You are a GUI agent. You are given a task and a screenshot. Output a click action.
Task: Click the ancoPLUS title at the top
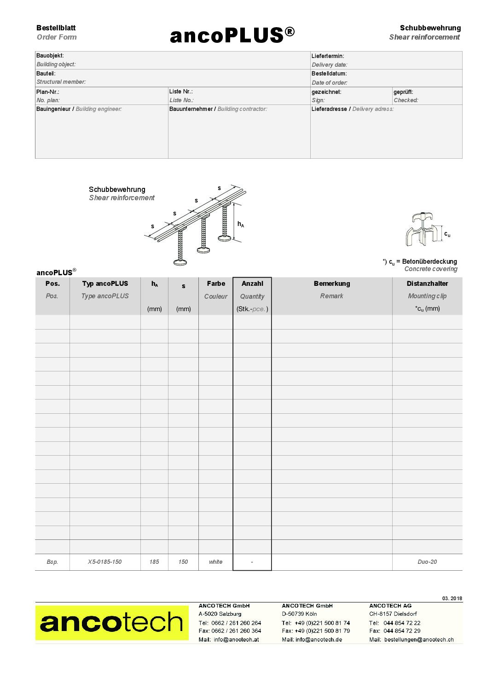[x=232, y=35]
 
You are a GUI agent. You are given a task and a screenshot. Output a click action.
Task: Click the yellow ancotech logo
[x=112, y=622]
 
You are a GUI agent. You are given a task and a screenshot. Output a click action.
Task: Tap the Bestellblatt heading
[x=56, y=28]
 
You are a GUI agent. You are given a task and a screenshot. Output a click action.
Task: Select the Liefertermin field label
[x=328, y=56]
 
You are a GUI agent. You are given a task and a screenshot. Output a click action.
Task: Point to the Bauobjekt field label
[x=50, y=56]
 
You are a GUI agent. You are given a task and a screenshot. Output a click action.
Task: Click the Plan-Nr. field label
[x=48, y=92]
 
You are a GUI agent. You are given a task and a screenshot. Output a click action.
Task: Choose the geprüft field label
[x=403, y=92]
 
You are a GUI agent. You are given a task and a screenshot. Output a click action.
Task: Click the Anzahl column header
[x=252, y=284]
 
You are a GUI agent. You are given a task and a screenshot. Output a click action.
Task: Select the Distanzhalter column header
[x=427, y=284]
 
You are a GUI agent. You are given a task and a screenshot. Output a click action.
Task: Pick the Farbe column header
[x=216, y=284]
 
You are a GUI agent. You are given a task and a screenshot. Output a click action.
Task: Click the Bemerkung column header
[x=332, y=284]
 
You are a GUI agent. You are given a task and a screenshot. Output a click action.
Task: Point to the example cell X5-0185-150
[x=105, y=562]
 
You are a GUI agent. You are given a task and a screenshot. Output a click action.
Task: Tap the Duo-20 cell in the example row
[x=427, y=562]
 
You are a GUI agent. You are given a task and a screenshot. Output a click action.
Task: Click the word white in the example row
[x=215, y=562]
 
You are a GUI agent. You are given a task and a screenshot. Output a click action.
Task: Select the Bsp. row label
[x=52, y=562]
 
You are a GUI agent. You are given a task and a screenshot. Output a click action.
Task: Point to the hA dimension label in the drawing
[x=241, y=224]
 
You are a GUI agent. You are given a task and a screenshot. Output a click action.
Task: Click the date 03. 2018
[x=452, y=598]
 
